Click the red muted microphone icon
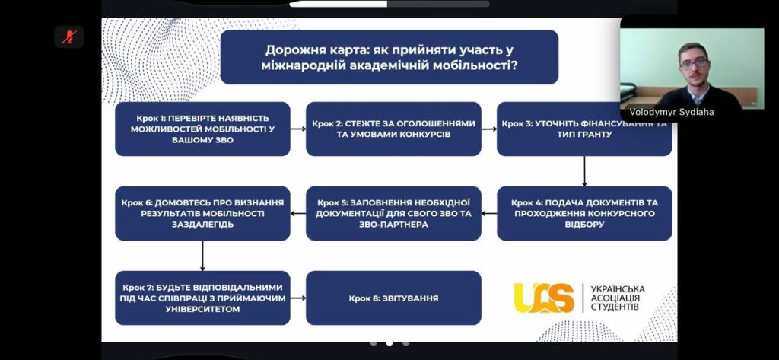coord(69,37)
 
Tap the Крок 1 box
coord(202,129)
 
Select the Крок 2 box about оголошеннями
coord(393,129)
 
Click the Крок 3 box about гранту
coord(584,129)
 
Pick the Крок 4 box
coord(584,213)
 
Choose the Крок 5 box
coord(393,213)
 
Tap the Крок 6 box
coord(202,213)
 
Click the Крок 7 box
coord(202,298)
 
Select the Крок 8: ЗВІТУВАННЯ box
coord(393,298)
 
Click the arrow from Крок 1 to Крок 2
coord(298,129)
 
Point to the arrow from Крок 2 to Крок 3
coord(489,129)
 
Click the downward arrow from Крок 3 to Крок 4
coord(584,171)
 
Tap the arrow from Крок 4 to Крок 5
coord(489,214)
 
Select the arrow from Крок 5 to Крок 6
coord(298,214)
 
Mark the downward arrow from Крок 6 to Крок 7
coord(202,256)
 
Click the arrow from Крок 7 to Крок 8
coord(298,298)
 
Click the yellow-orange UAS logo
coord(543,298)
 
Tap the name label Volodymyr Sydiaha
coord(671,113)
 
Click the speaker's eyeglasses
coord(694,63)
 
